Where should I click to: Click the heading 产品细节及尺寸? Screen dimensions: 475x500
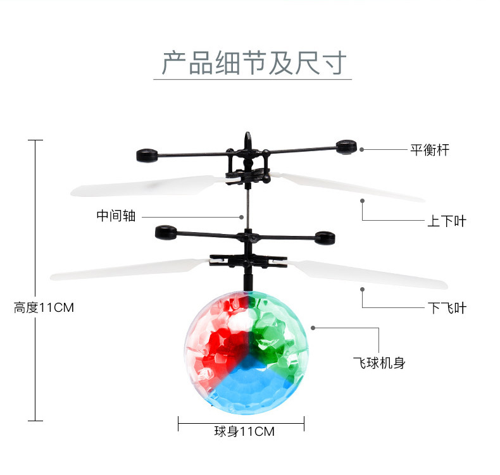coord(253,63)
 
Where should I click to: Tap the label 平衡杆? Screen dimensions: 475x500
coord(430,150)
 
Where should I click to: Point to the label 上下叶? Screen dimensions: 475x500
coord(447,221)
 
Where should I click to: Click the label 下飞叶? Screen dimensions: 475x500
coord(447,308)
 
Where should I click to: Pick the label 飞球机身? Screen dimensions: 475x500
coord(379,363)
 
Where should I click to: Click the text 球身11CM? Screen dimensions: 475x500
coord(244,432)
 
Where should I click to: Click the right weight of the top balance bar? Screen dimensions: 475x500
coord(346,147)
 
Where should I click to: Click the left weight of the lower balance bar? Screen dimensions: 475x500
coord(166,232)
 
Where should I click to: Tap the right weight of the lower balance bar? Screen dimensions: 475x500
coord(325,238)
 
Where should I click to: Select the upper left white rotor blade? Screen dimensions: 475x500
coord(146,186)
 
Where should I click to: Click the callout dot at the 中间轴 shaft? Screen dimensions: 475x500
coord(242,216)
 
